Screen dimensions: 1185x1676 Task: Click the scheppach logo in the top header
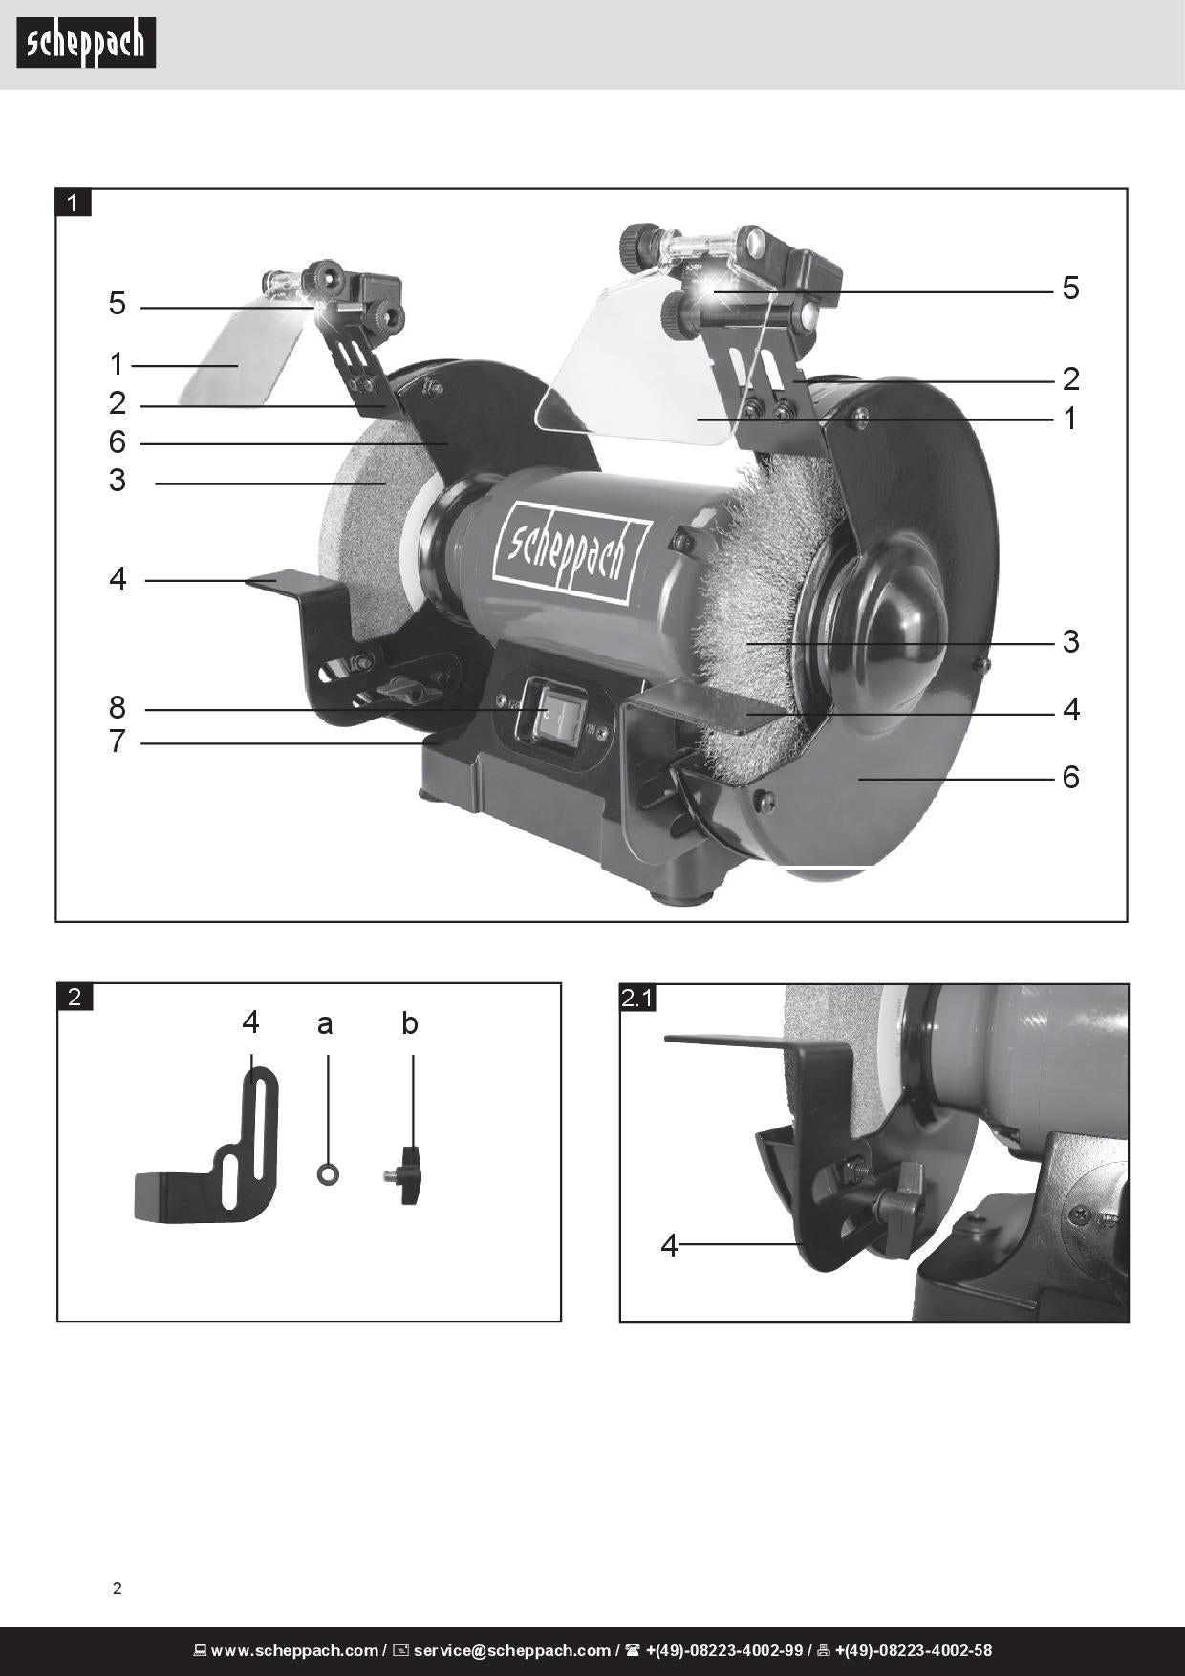point(86,44)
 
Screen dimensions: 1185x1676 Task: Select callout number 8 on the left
point(118,708)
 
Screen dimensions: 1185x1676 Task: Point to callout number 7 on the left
point(118,741)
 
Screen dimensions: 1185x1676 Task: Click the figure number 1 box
point(74,203)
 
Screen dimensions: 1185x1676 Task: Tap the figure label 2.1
point(637,999)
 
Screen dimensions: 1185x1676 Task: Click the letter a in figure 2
point(325,1025)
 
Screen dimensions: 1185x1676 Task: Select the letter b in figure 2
point(410,1023)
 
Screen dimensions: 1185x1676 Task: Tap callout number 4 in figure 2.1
point(669,1246)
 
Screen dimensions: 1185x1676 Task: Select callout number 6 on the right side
point(1070,778)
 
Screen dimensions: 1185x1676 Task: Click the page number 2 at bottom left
point(118,1589)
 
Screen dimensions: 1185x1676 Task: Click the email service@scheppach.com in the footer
point(511,1650)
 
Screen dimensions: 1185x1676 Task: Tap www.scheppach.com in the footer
point(294,1650)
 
